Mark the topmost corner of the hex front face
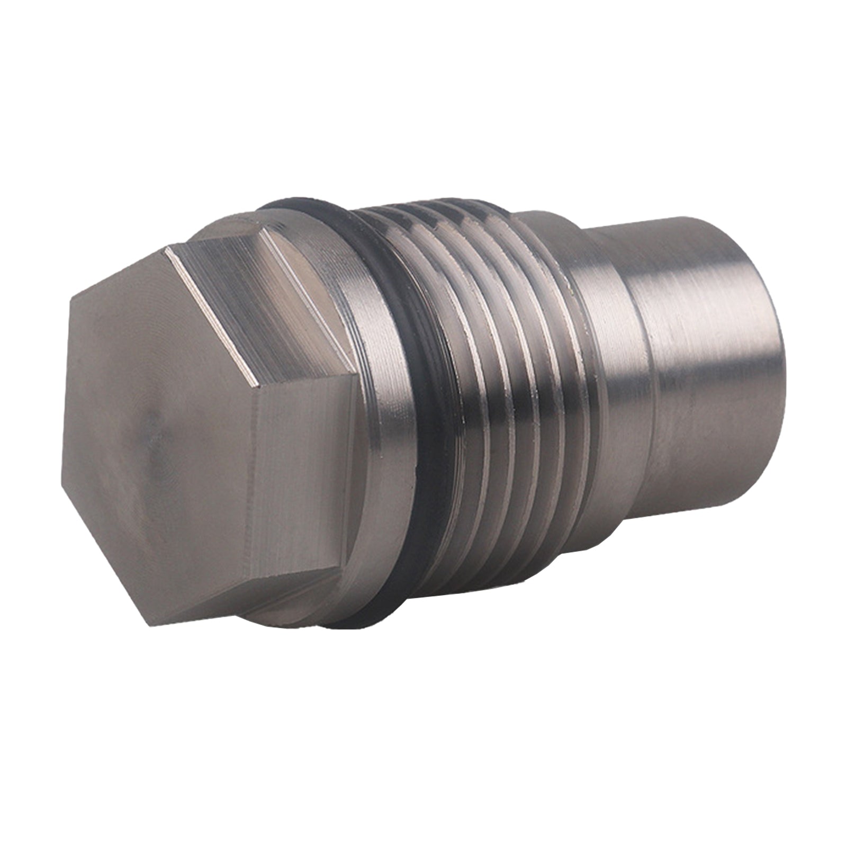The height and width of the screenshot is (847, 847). tap(167, 249)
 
